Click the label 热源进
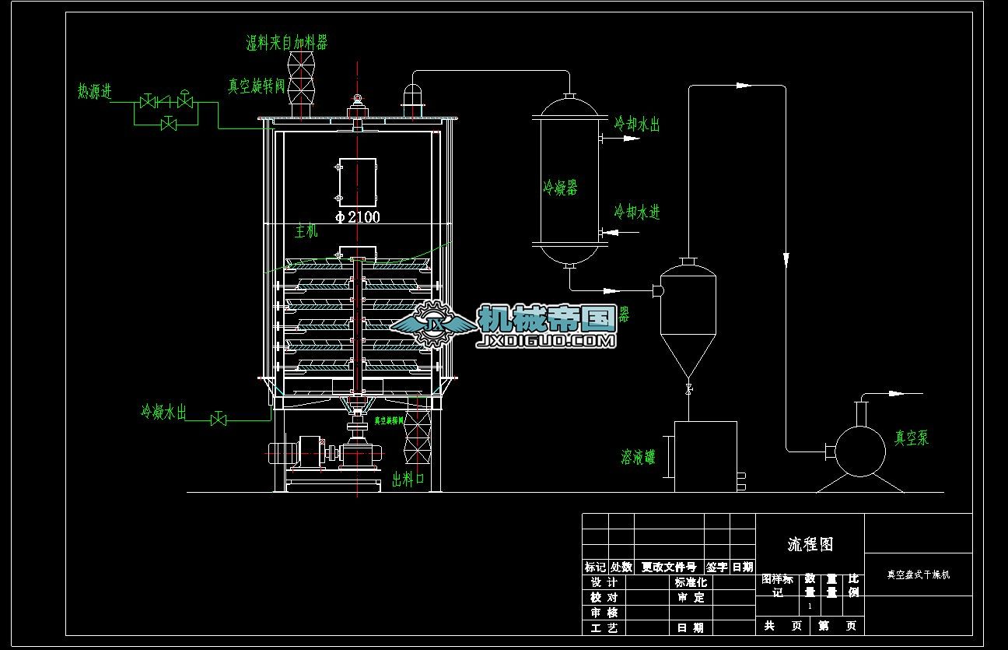coord(95,91)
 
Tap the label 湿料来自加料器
coord(286,43)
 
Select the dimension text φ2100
coord(358,217)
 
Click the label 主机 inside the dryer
coord(306,231)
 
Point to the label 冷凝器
coord(560,188)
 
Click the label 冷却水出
coord(637,124)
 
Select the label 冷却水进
coord(637,212)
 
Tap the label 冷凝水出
coord(163,412)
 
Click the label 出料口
coord(408,478)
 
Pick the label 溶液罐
coord(638,457)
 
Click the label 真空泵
coord(911,438)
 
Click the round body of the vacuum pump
coord(859,449)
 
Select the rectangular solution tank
coord(705,456)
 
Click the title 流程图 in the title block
coord(810,544)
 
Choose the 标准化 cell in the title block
coord(691,582)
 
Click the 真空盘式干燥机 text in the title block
coord(919,575)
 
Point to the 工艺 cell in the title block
coord(604,627)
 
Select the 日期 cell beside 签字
coord(743,567)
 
